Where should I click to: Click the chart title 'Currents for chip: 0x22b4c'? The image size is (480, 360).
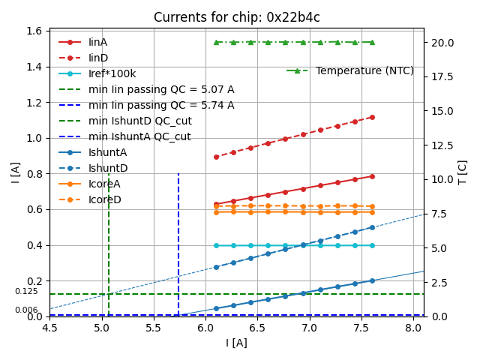(x=236, y=17)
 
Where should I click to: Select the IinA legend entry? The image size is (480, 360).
(x=97, y=42)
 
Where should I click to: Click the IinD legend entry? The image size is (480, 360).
(x=97, y=58)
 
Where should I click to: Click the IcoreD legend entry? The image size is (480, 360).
(x=104, y=199)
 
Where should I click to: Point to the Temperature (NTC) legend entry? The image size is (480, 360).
(x=364, y=70)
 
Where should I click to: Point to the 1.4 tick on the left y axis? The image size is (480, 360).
(x=34, y=67)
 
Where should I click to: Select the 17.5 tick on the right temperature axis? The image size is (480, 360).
(x=442, y=76)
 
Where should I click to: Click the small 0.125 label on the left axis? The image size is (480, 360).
(x=26, y=292)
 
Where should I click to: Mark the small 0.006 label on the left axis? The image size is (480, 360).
(x=26, y=310)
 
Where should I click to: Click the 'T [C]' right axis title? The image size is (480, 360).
(x=463, y=172)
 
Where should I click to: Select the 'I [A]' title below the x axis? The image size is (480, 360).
(x=236, y=343)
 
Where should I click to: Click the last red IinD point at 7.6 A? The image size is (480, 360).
(x=372, y=117)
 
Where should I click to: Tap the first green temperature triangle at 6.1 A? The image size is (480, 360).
(x=216, y=42)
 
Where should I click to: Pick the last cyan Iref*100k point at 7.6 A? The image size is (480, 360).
(x=372, y=245)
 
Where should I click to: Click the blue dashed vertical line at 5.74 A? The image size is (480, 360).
(x=178, y=240)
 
